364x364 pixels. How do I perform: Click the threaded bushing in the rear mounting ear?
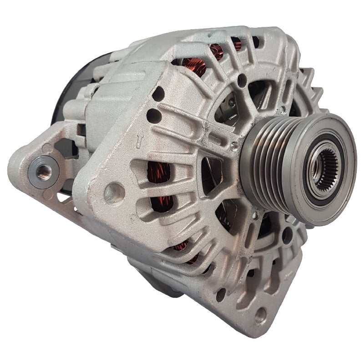(x=44, y=171)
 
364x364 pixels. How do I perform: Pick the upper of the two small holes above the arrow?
(x=158, y=95)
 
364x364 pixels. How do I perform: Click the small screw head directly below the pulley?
(x=256, y=214)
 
